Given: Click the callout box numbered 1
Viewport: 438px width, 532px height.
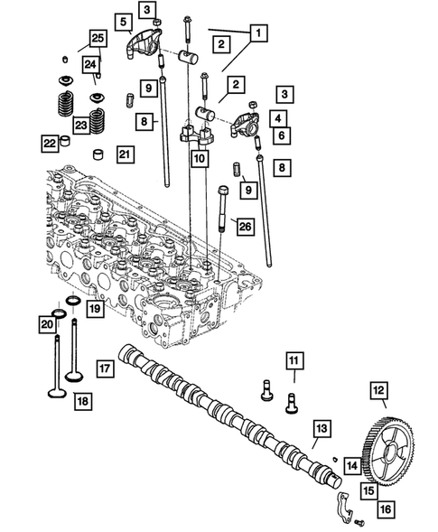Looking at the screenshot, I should [259, 33].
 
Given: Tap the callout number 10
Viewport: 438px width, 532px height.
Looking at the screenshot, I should [199, 159].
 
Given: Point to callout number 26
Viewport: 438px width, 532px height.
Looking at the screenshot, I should [245, 226].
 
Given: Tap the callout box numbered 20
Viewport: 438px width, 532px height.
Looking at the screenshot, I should [46, 323].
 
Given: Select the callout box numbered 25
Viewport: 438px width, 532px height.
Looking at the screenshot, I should [97, 38].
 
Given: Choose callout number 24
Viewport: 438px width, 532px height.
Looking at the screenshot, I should [90, 64].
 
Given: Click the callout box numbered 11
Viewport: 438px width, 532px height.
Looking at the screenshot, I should [294, 362].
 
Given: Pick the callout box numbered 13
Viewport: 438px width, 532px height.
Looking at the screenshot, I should [322, 428].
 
